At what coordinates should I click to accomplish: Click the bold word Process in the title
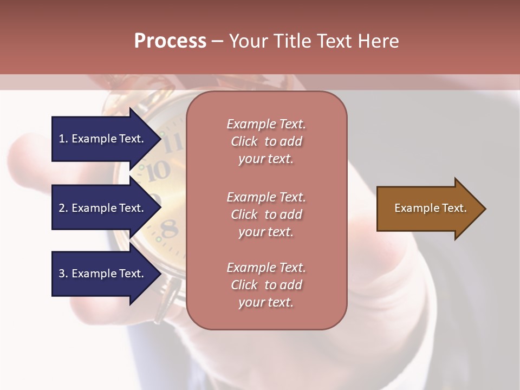point(170,41)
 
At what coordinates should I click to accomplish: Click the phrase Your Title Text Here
point(314,41)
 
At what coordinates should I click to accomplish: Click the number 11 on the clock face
point(173,143)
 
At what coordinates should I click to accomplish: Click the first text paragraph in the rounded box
point(266,141)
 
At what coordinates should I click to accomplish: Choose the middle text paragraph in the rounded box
point(266,214)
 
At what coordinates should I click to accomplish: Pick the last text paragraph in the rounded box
point(266,285)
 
